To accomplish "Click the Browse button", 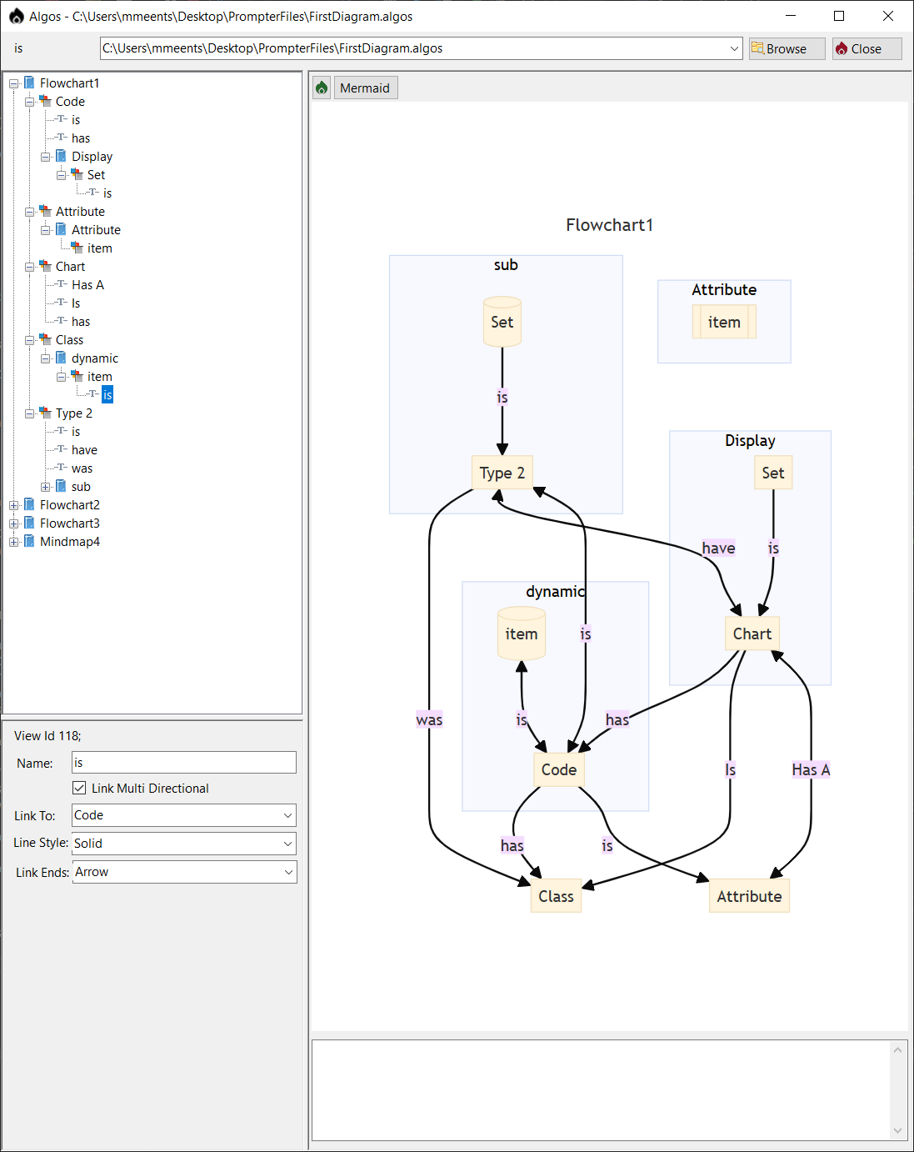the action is click(786, 48).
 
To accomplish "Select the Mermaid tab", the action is click(365, 88).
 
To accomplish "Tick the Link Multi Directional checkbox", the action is click(79, 788).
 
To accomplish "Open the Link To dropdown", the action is click(184, 815).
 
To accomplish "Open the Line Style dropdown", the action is click(184, 844).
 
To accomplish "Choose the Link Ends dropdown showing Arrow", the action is click(184, 872).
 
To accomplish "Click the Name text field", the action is click(184, 762).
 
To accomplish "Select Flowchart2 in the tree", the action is click(69, 505).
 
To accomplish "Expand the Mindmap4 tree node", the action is click(14, 542).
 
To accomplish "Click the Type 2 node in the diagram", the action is click(502, 473).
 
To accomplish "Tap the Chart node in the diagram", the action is click(752, 634).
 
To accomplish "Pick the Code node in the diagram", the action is click(559, 769).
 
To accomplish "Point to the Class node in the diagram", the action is click(556, 896).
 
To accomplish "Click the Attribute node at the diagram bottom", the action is click(749, 896).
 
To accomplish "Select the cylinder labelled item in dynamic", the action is click(522, 634).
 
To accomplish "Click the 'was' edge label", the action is click(429, 720).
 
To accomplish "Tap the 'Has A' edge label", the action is click(811, 769).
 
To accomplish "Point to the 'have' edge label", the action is click(718, 548).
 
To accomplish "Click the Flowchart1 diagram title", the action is click(610, 225).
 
